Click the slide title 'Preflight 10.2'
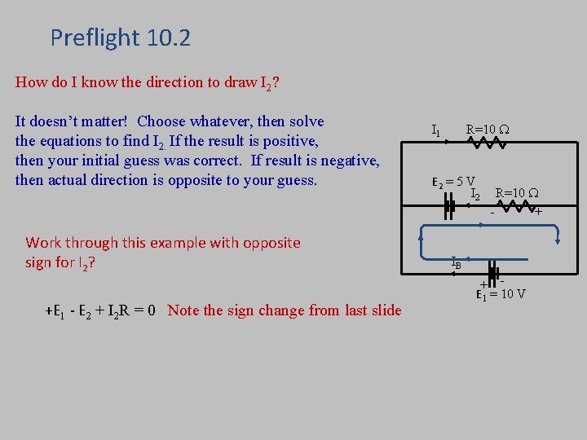[120, 37]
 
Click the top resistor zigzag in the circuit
[486, 143]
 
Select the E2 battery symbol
[448, 207]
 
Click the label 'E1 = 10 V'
[501, 294]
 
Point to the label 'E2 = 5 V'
[454, 182]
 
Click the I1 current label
[436, 130]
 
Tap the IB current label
[457, 262]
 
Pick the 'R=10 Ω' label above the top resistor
[487, 129]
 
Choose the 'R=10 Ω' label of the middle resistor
[517, 193]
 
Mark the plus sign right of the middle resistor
[538, 212]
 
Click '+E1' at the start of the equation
[56, 310]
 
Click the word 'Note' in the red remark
[184, 310]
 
